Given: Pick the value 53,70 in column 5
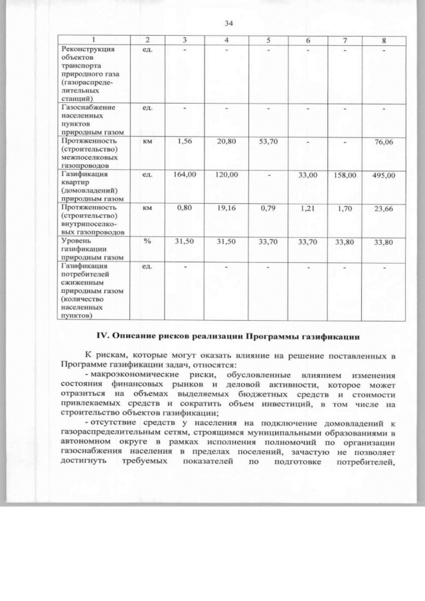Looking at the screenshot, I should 268,141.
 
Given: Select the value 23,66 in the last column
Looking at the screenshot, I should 384,209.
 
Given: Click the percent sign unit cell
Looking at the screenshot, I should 147,241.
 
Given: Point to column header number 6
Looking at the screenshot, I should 308,41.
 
